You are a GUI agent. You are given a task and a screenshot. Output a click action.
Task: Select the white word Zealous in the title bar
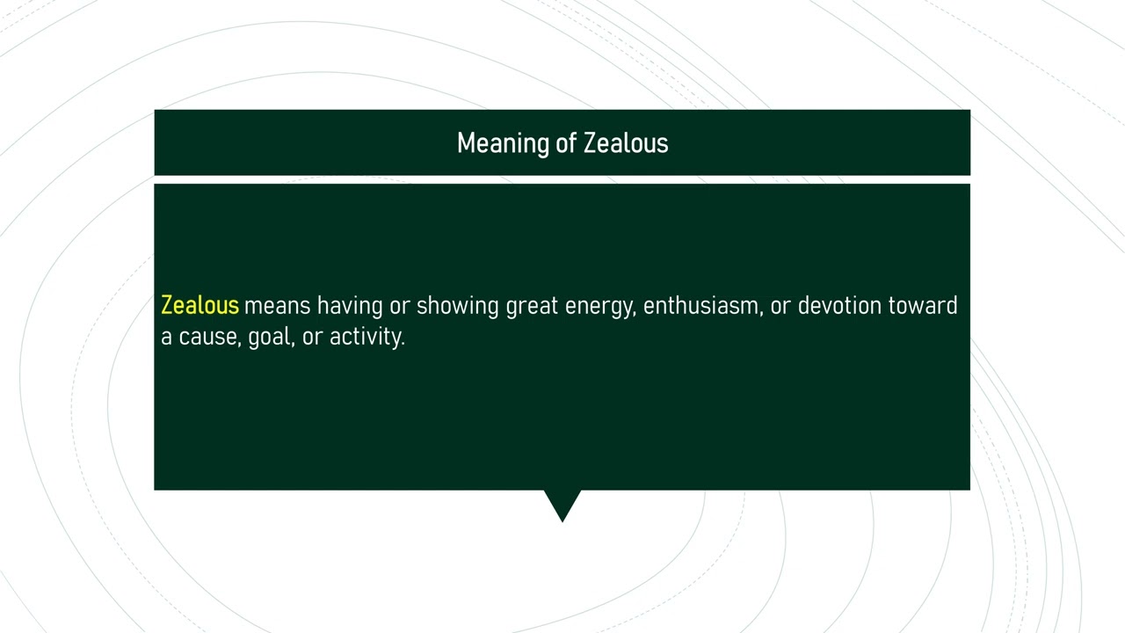626,143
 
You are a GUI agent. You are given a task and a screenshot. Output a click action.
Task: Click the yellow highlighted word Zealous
200,306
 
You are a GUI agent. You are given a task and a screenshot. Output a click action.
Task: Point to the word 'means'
277,306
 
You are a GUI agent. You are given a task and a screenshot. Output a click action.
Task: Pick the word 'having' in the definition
350,306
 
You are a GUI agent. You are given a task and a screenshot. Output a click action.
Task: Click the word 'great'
532,306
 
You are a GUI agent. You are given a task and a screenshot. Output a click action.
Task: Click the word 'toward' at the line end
923,306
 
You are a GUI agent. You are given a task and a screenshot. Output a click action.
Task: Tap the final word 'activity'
367,337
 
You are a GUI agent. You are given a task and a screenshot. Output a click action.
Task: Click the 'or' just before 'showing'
399,306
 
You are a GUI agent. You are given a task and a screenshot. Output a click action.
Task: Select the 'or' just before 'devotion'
780,306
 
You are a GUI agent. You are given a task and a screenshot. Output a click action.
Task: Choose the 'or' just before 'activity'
312,337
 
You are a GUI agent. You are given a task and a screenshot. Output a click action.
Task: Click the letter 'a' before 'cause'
166,337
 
